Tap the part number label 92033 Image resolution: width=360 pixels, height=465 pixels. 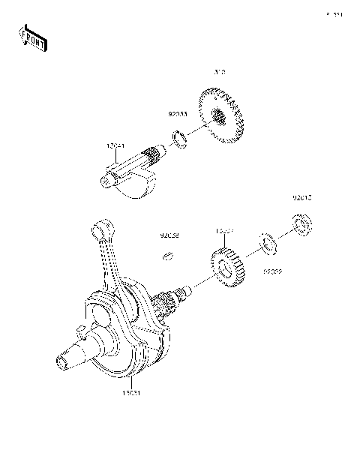pos(177,116)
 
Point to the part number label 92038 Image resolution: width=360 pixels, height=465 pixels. pos(169,235)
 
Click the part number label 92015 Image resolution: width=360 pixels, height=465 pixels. pos(302,199)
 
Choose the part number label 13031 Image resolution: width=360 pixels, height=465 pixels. pos(130,391)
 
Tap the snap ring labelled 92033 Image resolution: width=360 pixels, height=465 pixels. pos(180,138)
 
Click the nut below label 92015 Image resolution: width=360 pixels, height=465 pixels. pos(302,223)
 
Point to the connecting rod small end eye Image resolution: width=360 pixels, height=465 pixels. pos(100,225)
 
